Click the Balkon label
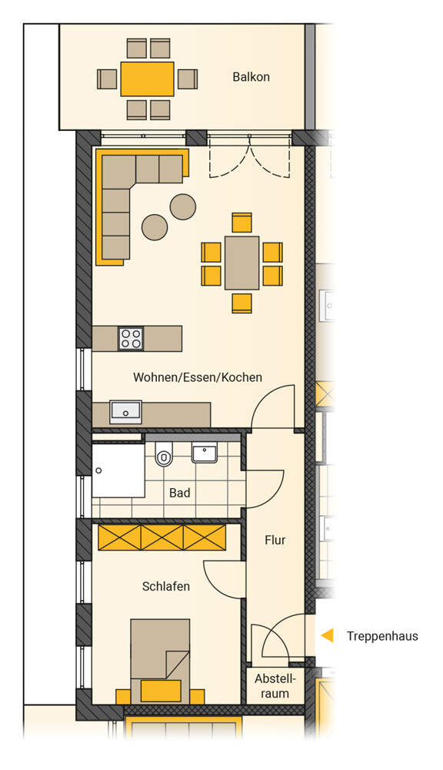[x=251, y=77]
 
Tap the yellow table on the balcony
[x=147, y=79]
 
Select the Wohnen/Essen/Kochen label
[x=198, y=377]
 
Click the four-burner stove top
[x=131, y=338]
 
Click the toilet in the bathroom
[x=163, y=454]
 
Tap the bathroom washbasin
[x=205, y=454]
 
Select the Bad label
[x=179, y=493]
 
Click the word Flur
[x=275, y=541]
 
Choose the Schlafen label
[x=166, y=586]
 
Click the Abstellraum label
[x=275, y=687]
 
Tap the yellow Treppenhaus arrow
[x=327, y=635]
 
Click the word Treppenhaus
[x=383, y=637]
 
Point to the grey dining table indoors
[x=241, y=263]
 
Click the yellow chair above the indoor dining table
[x=241, y=223]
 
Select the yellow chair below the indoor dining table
[x=241, y=303]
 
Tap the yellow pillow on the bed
[x=161, y=691]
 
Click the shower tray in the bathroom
[x=118, y=470]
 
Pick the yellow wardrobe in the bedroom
[x=162, y=537]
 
